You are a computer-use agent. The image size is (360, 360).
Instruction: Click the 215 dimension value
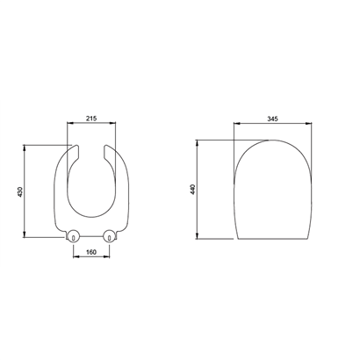pyautogui.click(x=91, y=119)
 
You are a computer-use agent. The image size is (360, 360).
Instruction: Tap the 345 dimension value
pyautogui.click(x=272, y=119)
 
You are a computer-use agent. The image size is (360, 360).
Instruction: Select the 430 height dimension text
pyautogui.click(x=20, y=191)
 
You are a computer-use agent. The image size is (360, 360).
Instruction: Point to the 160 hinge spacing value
pyautogui.click(x=91, y=252)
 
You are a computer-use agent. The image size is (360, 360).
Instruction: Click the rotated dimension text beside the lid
pyautogui.click(x=193, y=189)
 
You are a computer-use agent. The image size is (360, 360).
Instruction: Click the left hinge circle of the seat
pyautogui.click(x=73, y=235)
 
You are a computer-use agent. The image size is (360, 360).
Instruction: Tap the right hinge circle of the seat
pyautogui.click(x=109, y=235)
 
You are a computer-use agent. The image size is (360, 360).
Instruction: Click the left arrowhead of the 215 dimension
pyautogui.click(x=69, y=123)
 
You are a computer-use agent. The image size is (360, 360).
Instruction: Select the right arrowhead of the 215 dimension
pyautogui.click(x=113, y=123)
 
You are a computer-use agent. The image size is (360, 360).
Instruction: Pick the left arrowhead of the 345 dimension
pyautogui.click(x=236, y=123)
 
